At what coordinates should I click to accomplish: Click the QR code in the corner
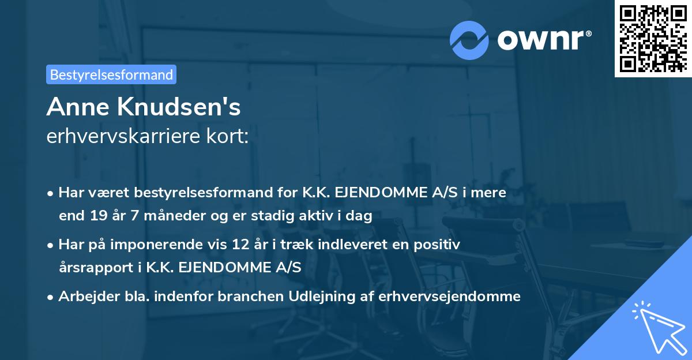point(653,38)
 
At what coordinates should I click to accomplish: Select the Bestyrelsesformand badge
point(111,74)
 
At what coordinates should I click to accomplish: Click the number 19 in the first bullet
point(95,216)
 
